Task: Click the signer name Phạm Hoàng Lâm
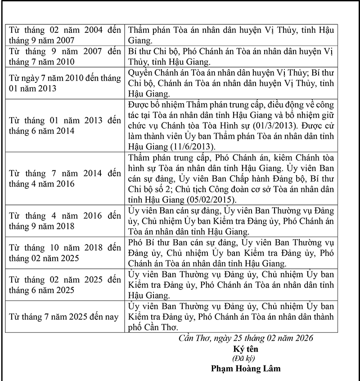pos(246,368)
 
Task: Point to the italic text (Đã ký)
pos(245,358)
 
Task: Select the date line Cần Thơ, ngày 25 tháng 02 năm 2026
pos(246,338)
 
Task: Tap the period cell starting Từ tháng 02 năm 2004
pos(65,35)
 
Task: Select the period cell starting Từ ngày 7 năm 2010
pos(65,83)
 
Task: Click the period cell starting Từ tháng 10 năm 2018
pos(65,253)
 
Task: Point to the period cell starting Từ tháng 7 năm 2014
pos(65,179)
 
